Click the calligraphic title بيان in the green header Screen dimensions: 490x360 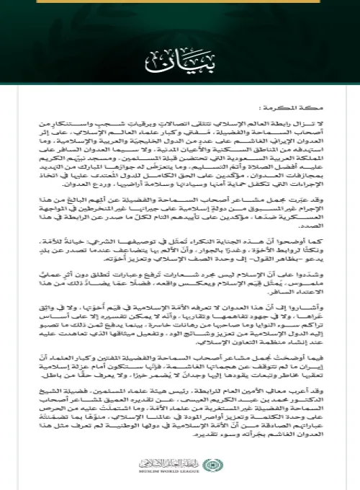click(179, 57)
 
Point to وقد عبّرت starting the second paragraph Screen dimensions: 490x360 click(325, 205)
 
